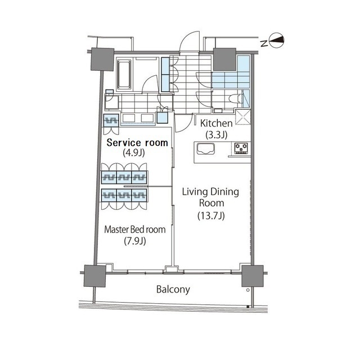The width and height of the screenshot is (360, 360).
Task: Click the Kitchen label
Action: click(216, 123)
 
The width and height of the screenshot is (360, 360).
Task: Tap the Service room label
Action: click(137, 142)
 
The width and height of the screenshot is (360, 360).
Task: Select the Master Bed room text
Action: click(135, 229)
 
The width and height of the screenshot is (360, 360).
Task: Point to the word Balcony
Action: click(173, 289)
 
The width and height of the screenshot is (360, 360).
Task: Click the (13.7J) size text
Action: click(211, 215)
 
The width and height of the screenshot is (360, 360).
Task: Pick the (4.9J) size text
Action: click(134, 152)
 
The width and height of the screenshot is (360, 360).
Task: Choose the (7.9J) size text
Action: click(135, 241)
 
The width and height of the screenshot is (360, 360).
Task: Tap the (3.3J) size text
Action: click(216, 134)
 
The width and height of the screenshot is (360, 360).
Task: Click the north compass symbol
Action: click(277, 41)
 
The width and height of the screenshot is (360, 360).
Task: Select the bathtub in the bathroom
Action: click(124, 74)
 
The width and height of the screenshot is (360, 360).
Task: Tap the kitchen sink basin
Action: click(206, 149)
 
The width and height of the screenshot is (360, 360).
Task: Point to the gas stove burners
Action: click(241, 148)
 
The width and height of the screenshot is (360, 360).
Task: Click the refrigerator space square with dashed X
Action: click(243, 117)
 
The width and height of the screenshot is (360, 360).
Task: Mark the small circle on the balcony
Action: click(248, 290)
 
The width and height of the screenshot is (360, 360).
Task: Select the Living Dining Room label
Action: click(210, 197)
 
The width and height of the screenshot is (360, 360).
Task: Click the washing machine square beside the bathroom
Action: click(112, 102)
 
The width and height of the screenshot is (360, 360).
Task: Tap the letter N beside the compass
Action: click(264, 43)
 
